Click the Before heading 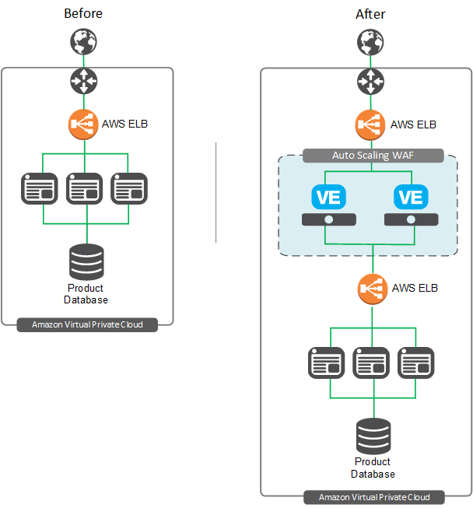click(x=82, y=13)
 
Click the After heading click(x=370, y=14)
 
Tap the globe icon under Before click(x=84, y=41)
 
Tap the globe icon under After click(x=370, y=41)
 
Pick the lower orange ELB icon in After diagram click(x=372, y=289)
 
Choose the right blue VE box click(x=410, y=197)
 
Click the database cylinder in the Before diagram click(x=86, y=262)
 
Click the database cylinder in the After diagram click(x=373, y=437)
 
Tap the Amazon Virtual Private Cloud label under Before click(x=87, y=324)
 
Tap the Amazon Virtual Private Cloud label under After click(x=373, y=497)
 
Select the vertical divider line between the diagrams click(x=215, y=192)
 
